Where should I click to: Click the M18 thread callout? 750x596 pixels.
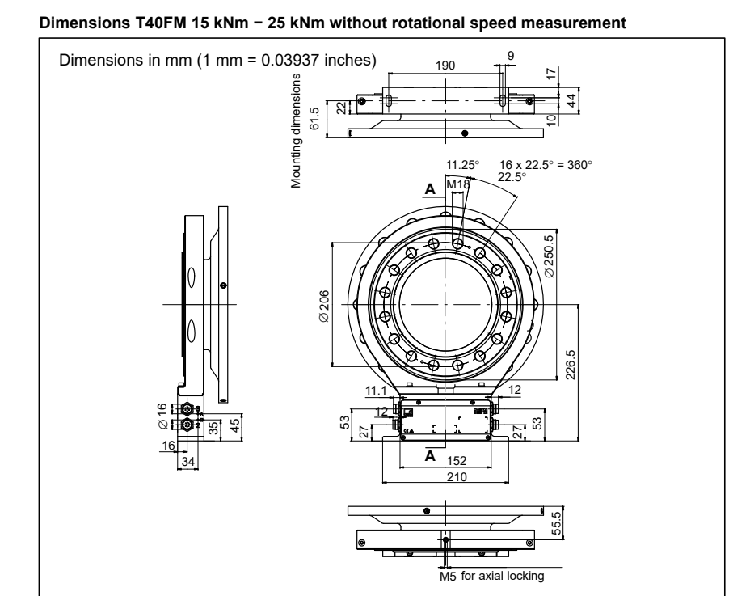[459, 184]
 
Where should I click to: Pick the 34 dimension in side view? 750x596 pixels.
[187, 461]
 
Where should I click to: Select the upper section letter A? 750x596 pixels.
[430, 188]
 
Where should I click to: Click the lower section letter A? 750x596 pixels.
[430, 455]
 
